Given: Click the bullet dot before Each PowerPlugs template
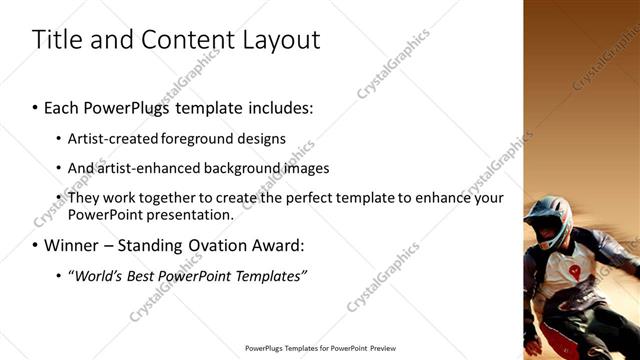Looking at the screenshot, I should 35,106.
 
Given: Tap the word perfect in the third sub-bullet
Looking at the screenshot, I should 290,198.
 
